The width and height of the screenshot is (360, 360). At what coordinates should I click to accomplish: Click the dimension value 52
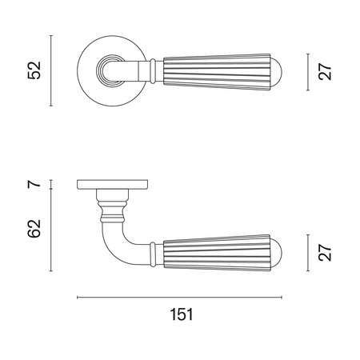[34, 70]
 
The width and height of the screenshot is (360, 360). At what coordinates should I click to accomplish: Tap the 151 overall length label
[182, 314]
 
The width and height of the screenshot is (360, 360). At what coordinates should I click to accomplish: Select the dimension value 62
[34, 229]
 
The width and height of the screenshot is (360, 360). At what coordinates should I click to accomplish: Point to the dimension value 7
[34, 184]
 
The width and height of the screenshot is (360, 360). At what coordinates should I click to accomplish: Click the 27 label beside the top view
[325, 71]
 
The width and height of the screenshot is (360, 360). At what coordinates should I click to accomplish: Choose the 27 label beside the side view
[325, 253]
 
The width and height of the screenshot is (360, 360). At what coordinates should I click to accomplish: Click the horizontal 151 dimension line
[179, 298]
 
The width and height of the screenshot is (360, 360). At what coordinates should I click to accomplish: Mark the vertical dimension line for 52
[51, 70]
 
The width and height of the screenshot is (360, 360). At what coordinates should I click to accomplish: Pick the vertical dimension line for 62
[51, 230]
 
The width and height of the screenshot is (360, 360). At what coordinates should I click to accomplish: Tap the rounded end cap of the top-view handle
[277, 72]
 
